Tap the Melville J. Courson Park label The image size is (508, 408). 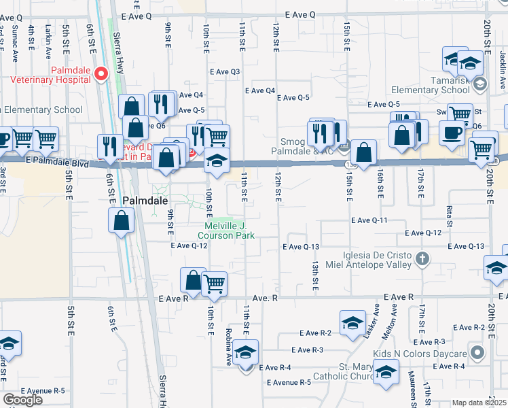coord(230,231)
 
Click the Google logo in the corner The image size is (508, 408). coord(22,400)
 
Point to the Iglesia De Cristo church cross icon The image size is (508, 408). coord(422,258)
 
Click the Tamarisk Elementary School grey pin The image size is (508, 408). coord(480,84)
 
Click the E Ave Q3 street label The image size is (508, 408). coord(225,71)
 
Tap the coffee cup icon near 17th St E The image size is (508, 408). coord(451,132)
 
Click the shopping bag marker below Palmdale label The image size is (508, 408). coord(121,220)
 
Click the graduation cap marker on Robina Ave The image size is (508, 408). coord(247,354)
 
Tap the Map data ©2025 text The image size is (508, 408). coord(479,403)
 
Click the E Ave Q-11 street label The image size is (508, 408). coord(369,220)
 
